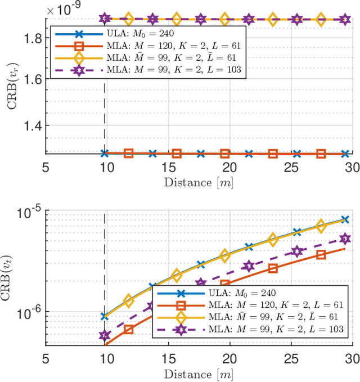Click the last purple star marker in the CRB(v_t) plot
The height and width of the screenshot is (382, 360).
(x=345, y=240)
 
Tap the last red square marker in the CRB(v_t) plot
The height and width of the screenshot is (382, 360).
(x=321, y=255)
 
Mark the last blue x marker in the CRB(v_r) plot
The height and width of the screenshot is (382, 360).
(x=345, y=153)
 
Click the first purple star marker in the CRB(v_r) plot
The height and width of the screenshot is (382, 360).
(x=105, y=19)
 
